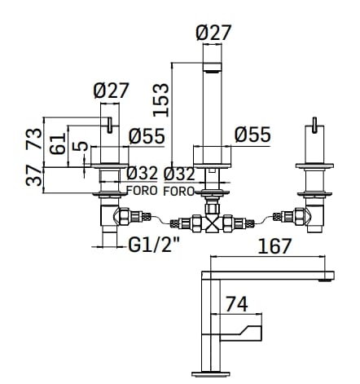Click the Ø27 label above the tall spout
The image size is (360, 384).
[x=214, y=33]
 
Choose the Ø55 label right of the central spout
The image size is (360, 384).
[x=252, y=135]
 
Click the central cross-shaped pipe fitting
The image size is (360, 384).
[x=212, y=223]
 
